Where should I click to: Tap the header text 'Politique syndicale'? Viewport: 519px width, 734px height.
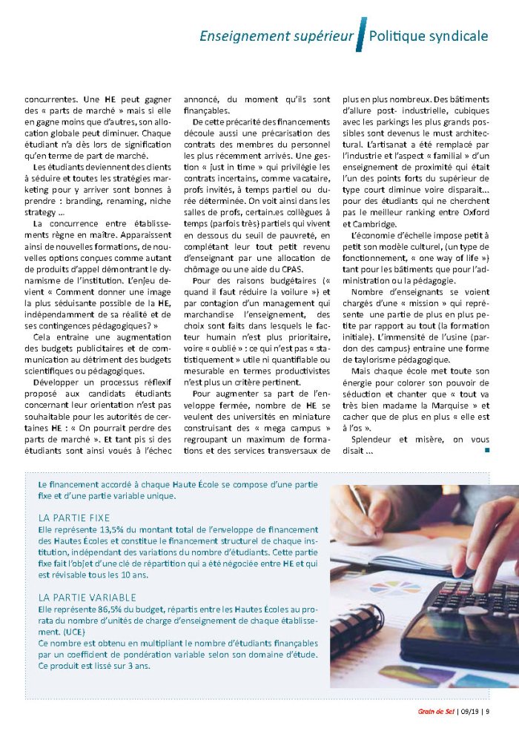(x=429, y=36)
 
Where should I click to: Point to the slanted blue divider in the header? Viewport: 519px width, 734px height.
(x=361, y=34)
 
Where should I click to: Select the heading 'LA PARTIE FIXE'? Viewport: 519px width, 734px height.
(x=73, y=518)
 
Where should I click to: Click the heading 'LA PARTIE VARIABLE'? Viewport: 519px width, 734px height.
(x=87, y=597)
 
